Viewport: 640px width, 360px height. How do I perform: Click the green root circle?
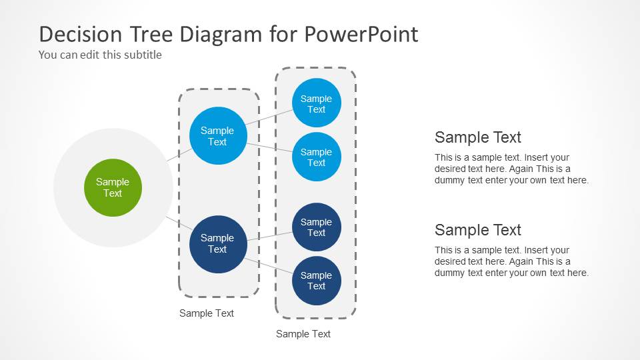(113, 187)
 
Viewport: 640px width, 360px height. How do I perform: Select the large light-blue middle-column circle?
(217, 136)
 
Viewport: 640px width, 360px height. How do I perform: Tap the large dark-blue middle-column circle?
(217, 243)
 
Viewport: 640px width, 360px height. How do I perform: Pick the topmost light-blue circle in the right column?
(316, 103)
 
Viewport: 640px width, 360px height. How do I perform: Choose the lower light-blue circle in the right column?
(316, 157)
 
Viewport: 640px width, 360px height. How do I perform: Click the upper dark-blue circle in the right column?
(316, 227)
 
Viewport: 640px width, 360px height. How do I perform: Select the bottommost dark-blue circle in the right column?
(316, 281)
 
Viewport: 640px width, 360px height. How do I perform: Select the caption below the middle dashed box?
(207, 313)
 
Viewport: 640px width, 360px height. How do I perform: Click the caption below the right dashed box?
(303, 334)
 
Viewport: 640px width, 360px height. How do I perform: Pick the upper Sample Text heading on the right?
(478, 137)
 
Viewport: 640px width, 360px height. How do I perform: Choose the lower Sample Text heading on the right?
(478, 230)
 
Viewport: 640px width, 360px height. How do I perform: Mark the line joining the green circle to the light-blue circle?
(179, 154)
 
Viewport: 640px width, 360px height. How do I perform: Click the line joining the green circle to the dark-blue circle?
(178, 223)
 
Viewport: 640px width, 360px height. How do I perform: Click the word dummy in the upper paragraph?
(450, 180)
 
